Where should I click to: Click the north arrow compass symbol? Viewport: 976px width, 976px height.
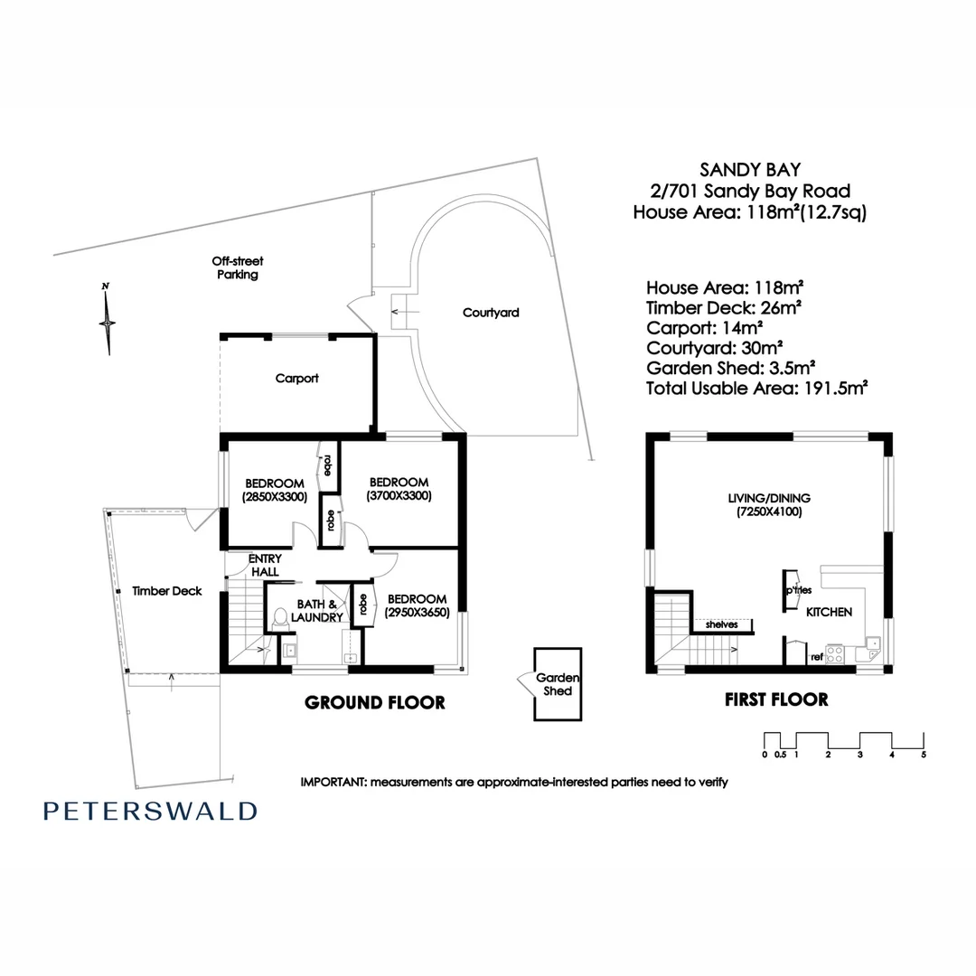click(108, 318)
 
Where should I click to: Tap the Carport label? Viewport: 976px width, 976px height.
click(296, 379)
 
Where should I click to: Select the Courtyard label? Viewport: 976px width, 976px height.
click(491, 313)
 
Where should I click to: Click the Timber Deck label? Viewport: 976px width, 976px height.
click(166, 591)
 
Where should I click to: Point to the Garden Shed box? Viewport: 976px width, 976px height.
click(555, 684)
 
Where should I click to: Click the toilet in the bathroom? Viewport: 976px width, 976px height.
click(279, 619)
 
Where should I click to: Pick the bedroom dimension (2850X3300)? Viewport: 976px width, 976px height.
click(274, 497)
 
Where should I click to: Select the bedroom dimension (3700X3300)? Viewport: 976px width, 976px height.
click(398, 496)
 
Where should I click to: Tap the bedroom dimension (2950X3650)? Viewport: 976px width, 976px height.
click(417, 613)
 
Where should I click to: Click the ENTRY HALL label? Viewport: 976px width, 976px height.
click(264, 566)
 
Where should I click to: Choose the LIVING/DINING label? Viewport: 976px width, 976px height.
click(769, 498)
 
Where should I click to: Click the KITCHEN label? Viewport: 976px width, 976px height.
click(829, 612)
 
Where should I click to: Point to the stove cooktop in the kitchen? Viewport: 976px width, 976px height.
click(834, 653)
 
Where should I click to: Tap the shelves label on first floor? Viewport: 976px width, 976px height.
click(722, 624)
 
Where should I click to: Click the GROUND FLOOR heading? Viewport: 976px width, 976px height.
click(374, 702)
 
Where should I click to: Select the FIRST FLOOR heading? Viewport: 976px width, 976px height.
click(776, 699)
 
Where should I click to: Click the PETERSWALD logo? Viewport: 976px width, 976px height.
click(149, 811)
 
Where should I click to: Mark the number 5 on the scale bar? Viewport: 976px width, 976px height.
click(924, 754)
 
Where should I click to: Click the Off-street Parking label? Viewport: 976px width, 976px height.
click(238, 267)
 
